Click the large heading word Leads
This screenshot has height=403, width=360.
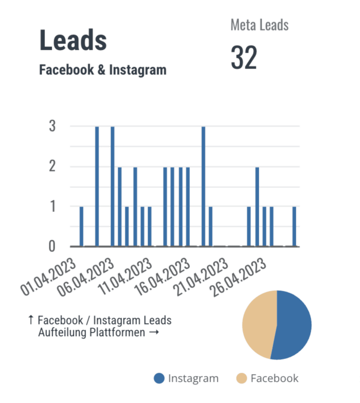pyautogui.click(x=73, y=41)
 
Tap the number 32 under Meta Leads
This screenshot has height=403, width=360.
pyautogui.click(x=243, y=58)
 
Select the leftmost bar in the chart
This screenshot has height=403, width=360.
pyautogui.click(x=82, y=226)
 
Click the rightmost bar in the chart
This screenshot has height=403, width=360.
pyautogui.click(x=294, y=226)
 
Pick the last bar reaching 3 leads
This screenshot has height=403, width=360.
pyautogui.click(x=203, y=187)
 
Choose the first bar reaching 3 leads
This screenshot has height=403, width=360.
pyautogui.click(x=97, y=187)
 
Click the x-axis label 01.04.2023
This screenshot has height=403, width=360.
pyautogui.click(x=49, y=277)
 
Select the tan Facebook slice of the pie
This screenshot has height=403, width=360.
pyautogui.click(x=258, y=323)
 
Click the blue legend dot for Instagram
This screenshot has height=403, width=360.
pyautogui.click(x=159, y=379)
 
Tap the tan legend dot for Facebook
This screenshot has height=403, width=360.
pyautogui.click(x=242, y=379)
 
